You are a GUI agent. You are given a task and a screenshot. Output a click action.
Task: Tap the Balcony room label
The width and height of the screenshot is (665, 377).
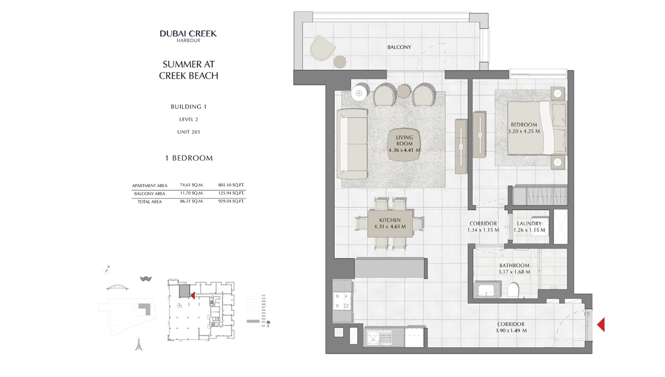(x=399, y=47)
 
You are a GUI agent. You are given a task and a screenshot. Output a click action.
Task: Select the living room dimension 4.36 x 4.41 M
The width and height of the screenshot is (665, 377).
(x=404, y=150)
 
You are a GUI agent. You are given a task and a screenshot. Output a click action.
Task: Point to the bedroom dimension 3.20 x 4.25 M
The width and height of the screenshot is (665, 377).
(x=524, y=131)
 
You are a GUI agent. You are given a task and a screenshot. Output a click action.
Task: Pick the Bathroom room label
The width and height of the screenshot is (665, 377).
(x=514, y=266)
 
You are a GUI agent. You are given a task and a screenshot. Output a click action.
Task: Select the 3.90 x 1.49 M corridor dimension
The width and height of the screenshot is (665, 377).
(x=511, y=330)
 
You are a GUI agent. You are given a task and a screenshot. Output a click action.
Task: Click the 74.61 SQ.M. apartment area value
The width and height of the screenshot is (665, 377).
(x=192, y=185)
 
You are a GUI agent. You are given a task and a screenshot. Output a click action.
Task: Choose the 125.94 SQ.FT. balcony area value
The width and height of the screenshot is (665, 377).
(x=231, y=193)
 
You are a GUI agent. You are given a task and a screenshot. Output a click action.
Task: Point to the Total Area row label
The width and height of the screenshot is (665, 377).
(x=150, y=202)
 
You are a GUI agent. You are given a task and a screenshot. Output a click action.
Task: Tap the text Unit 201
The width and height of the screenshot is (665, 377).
(x=188, y=132)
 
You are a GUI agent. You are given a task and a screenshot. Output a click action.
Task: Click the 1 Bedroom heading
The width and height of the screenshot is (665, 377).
(x=188, y=158)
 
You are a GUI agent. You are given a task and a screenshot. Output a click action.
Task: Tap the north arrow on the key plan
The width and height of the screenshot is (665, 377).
(x=106, y=269)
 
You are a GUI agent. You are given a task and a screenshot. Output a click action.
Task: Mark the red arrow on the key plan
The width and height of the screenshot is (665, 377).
(x=192, y=296)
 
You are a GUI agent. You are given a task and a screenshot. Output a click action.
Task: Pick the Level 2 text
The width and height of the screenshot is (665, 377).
(x=188, y=119)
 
